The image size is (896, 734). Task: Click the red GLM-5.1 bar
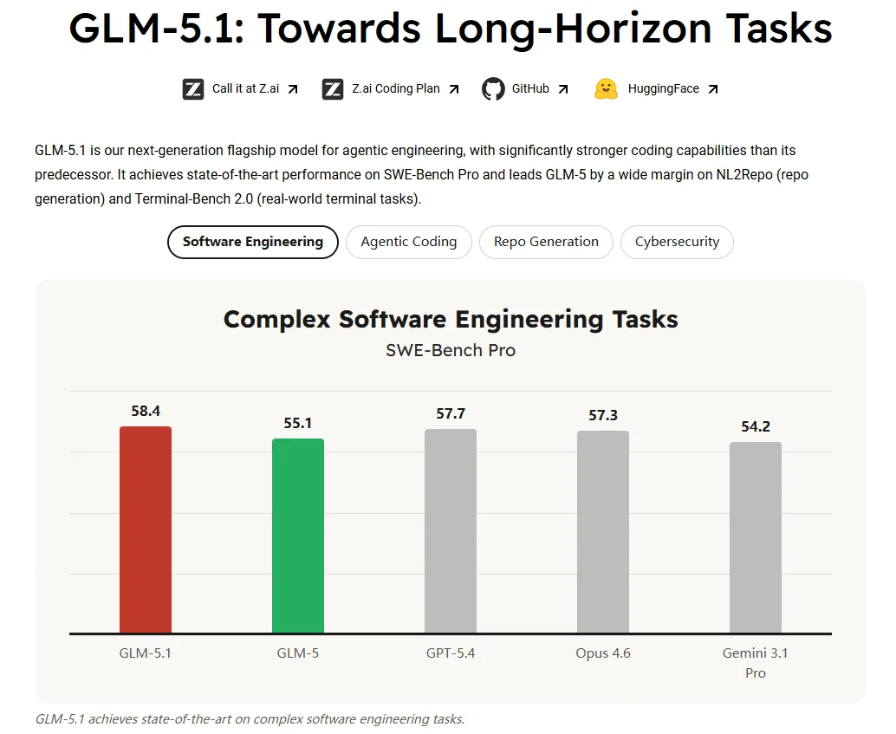coord(146,529)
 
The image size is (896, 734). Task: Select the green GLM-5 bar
coord(298,536)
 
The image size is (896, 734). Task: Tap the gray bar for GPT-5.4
coord(451,530)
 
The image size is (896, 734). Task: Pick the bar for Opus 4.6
coord(603,531)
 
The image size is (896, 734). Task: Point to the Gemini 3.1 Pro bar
coord(756,537)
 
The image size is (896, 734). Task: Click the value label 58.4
coord(146,411)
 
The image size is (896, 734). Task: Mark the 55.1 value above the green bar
coord(298,423)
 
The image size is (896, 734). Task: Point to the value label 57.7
coord(451,413)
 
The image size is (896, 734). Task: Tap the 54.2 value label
coord(756,426)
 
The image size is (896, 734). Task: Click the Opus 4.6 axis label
coord(603,653)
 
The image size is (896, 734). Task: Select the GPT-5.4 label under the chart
coord(451,653)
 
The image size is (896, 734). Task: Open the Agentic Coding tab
coord(408,242)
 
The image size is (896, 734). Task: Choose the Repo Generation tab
coord(546,242)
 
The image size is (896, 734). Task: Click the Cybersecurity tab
coord(677,242)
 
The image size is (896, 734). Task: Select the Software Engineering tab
coord(252,242)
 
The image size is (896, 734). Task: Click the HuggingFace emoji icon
coord(606,88)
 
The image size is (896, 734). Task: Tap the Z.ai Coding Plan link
coord(395,88)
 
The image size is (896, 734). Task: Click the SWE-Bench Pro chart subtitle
coord(451,350)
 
